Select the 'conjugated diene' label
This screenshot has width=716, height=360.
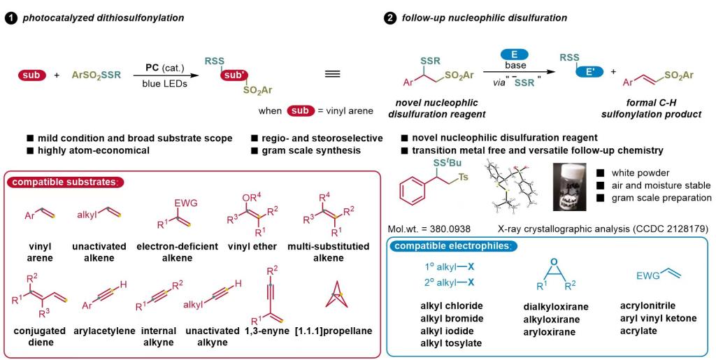[x=39, y=336]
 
